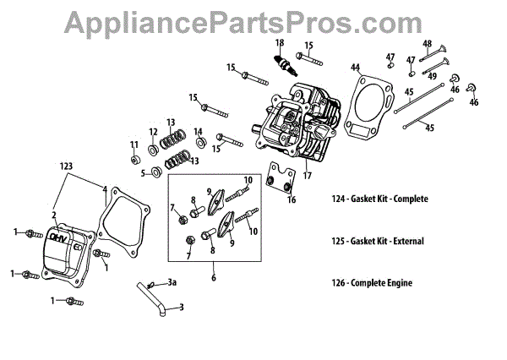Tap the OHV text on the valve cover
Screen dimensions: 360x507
[57, 238]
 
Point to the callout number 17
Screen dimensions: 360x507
[308, 177]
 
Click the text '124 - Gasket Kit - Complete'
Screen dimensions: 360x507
[380, 199]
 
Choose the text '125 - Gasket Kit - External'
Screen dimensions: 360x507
[378, 241]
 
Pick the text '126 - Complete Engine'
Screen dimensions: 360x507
[372, 283]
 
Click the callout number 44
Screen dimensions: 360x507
[356, 68]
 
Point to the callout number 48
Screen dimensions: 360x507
[428, 44]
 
